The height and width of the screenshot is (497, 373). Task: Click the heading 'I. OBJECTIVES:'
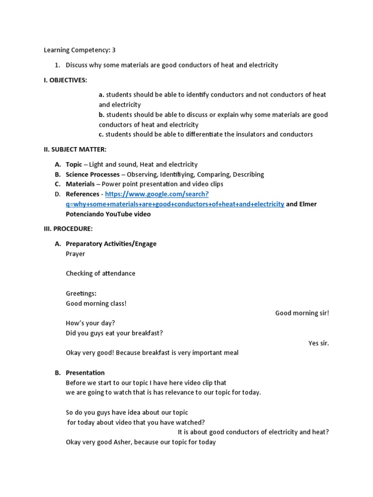tap(66, 80)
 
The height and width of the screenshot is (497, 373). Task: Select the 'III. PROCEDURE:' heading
tap(68, 229)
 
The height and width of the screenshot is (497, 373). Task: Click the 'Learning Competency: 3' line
tap(80, 50)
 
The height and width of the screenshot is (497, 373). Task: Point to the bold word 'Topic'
tap(74, 165)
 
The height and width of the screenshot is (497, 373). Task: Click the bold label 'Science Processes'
tap(92, 174)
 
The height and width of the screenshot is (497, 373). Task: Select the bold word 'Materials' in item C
tap(80, 184)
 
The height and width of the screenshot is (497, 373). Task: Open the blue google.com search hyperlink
tap(175, 204)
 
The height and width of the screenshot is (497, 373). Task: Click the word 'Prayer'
tap(75, 253)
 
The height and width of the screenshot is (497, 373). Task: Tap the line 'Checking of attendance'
tap(101, 273)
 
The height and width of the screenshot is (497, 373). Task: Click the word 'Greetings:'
tap(81, 293)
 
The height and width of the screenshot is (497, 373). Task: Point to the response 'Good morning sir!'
tap(302, 313)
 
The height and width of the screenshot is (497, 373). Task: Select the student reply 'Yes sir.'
tap(319, 343)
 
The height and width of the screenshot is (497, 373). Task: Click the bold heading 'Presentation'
tap(85, 373)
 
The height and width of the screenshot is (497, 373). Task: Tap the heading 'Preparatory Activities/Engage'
tap(111, 244)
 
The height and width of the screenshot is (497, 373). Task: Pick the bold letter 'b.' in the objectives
tap(102, 115)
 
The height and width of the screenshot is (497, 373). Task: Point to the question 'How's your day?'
tap(90, 323)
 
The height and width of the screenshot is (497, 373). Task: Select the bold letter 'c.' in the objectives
tap(101, 134)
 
